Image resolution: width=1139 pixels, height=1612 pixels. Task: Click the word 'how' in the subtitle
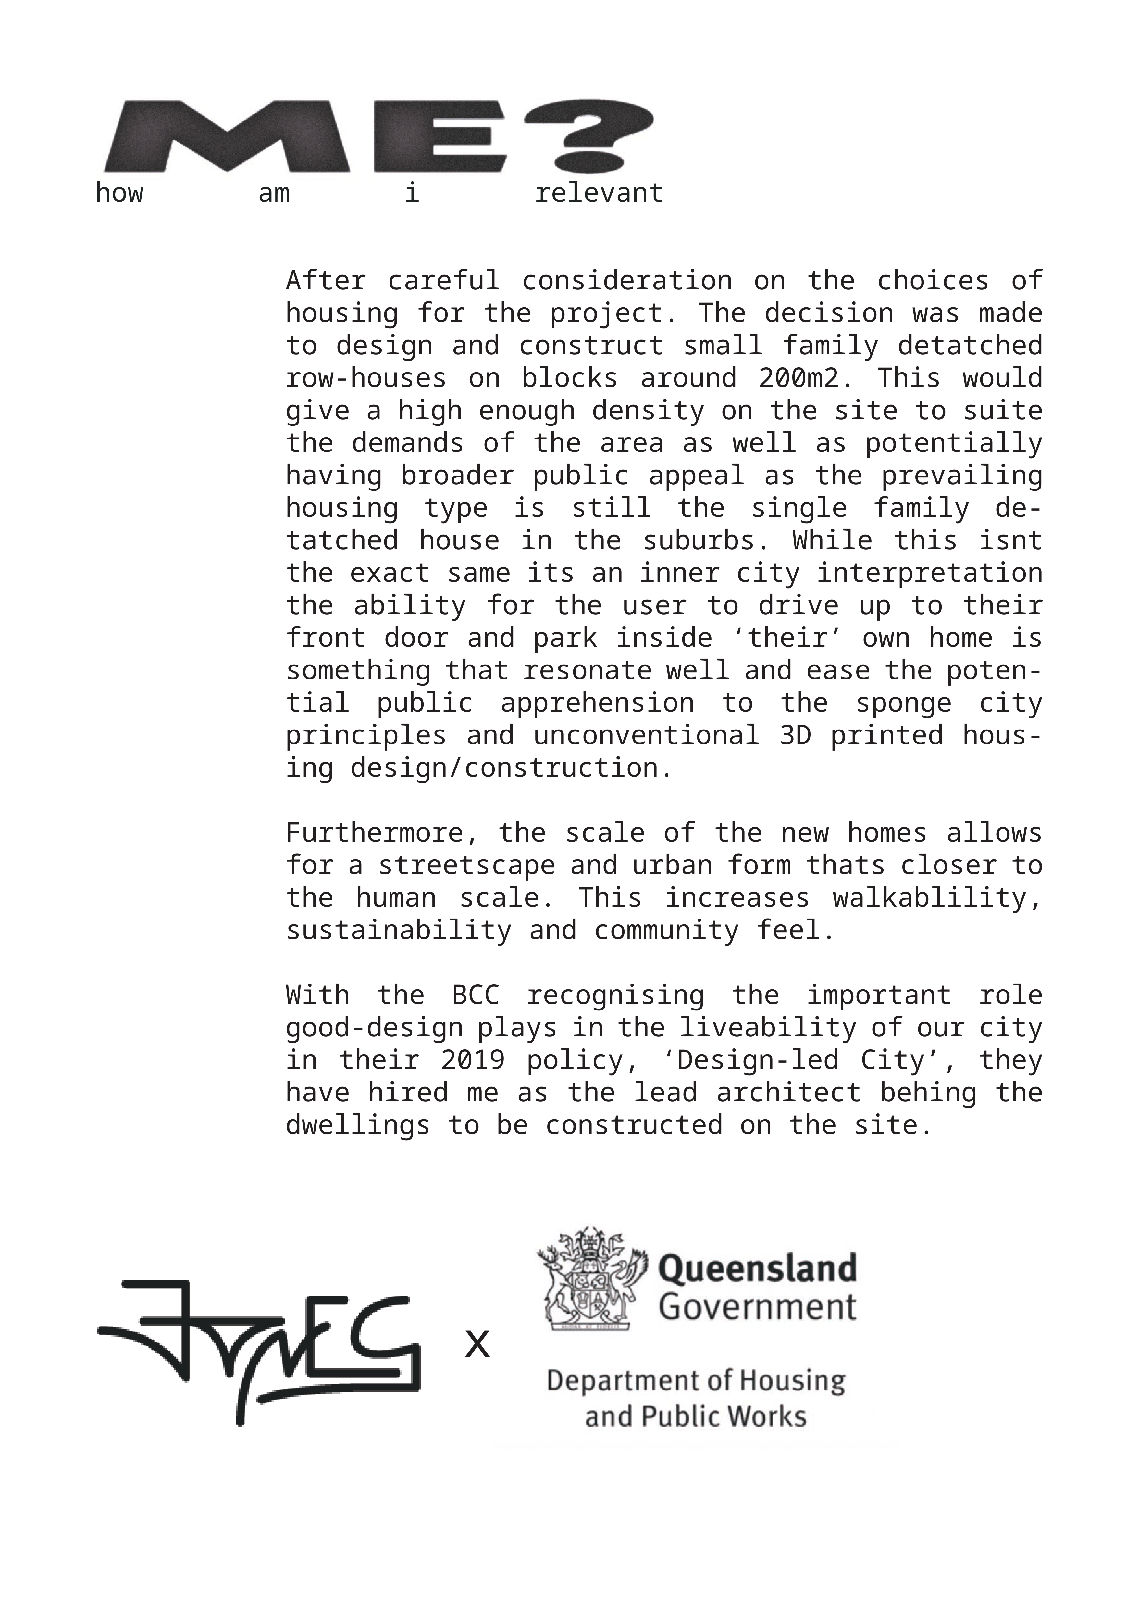coord(119,193)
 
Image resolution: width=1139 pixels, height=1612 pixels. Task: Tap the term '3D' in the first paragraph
coord(795,735)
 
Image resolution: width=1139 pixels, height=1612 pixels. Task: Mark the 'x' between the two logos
coord(477,1344)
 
